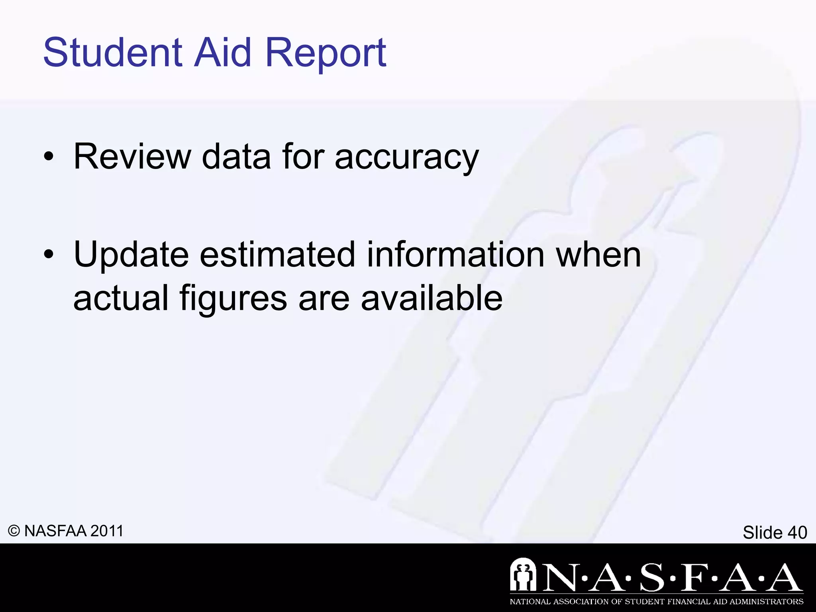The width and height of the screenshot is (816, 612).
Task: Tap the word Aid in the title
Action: coord(223,52)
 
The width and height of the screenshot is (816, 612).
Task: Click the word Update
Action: coord(131,255)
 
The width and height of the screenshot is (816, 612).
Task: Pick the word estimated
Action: coord(277,255)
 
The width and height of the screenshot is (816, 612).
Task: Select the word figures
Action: coord(233,299)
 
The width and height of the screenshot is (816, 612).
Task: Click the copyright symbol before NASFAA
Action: coord(14,531)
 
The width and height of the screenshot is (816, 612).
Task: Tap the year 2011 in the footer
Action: coord(107,531)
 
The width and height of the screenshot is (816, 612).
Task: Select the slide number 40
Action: coord(797,532)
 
